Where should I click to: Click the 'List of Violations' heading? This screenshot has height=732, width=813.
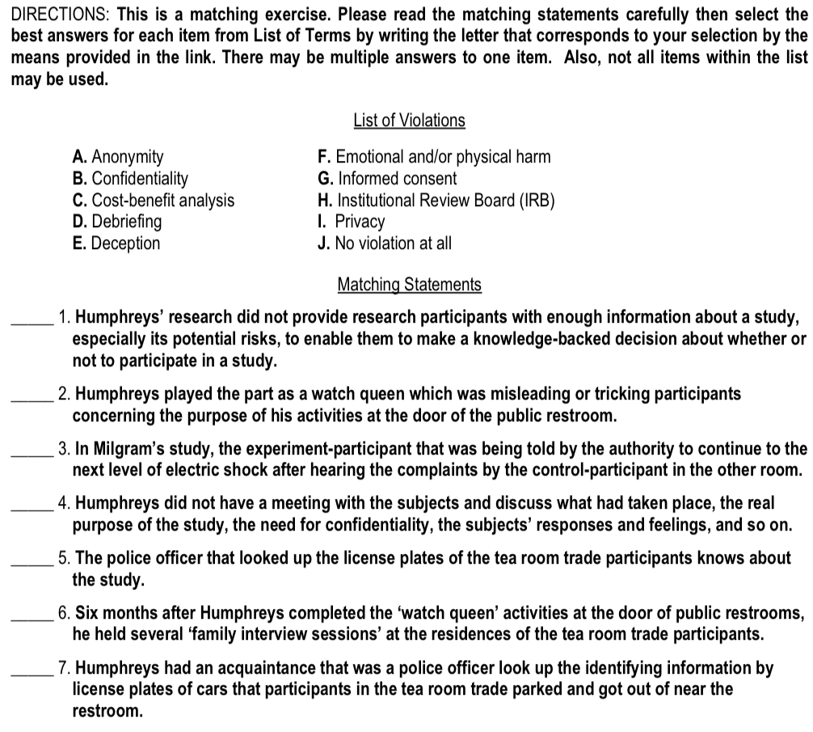pos(409,121)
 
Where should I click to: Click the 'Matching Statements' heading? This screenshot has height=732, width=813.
pos(409,285)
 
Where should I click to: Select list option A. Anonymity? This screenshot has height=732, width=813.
pos(117,157)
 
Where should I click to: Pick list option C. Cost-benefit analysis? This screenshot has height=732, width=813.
pos(153,200)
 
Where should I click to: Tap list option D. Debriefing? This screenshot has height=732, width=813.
pos(116,222)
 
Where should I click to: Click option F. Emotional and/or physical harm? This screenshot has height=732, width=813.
pos(435,157)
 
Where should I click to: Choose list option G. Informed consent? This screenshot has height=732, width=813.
pos(388,179)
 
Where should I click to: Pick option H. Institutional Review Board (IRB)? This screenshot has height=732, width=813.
pos(437,200)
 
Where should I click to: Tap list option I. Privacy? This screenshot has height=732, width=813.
pos(352,222)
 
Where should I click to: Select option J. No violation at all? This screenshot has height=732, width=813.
pos(385,243)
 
